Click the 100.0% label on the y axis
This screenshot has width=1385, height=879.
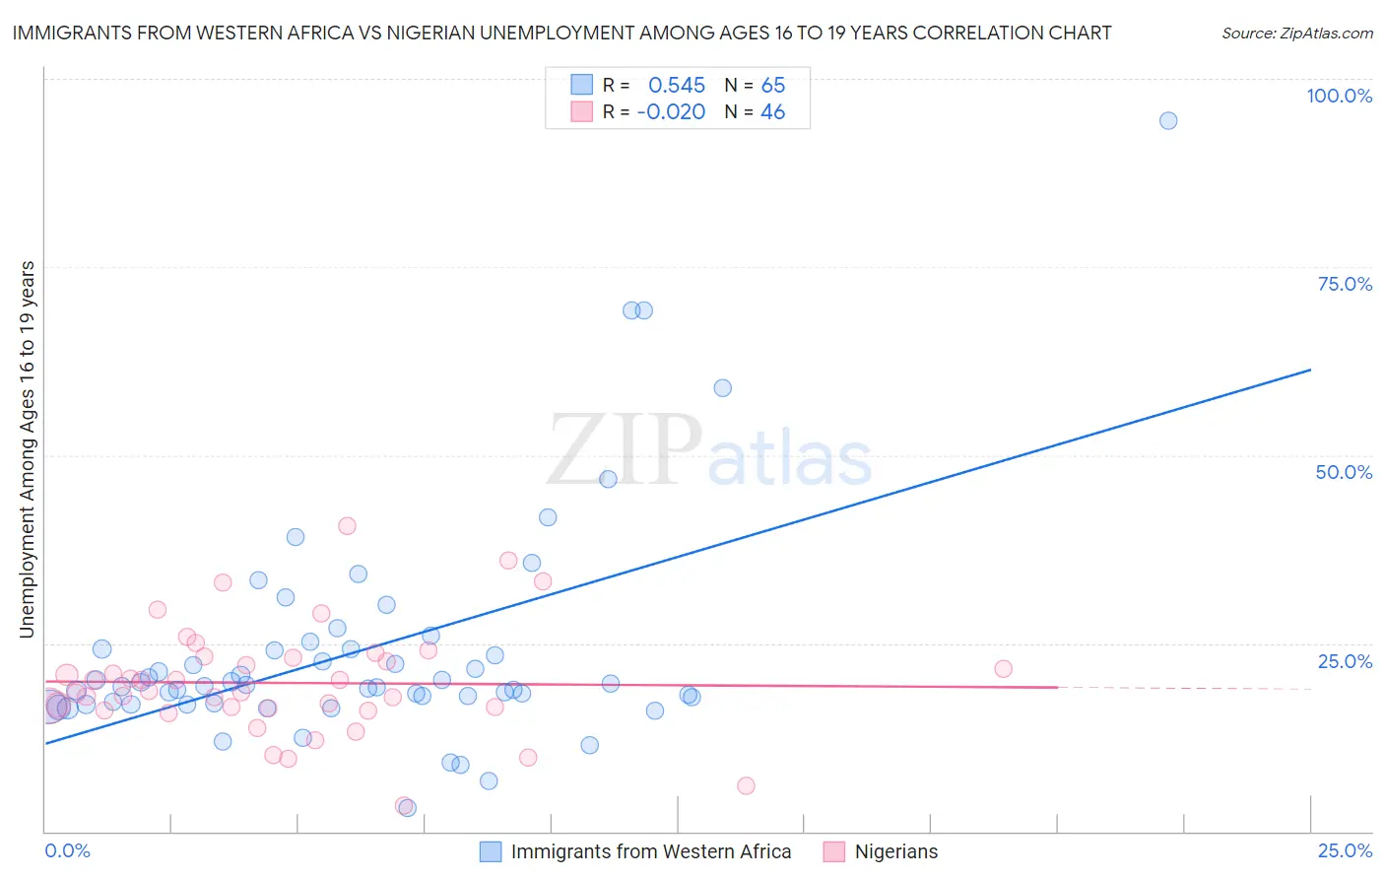(1339, 96)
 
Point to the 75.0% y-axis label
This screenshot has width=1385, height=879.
(1344, 284)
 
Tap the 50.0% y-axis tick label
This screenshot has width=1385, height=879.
(1343, 472)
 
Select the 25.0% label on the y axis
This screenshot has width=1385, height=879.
(1344, 660)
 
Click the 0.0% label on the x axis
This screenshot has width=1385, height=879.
(67, 850)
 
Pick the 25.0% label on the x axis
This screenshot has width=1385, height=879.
(1344, 850)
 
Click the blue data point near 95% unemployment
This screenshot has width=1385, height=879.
(1167, 121)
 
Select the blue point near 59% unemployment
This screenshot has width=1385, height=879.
(722, 388)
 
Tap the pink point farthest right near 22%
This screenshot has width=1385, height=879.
(1003, 669)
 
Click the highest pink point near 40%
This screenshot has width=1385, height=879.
(347, 526)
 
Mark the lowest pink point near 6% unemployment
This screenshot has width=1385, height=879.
(746, 786)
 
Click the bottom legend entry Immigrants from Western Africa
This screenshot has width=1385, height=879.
(650, 851)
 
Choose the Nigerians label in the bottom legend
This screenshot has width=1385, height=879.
(895, 851)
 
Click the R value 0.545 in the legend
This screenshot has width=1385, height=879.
(676, 86)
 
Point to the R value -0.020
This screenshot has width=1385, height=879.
(671, 112)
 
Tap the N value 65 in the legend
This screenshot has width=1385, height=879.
(772, 86)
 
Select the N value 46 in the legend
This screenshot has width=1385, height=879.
(772, 112)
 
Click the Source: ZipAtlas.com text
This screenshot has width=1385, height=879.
(1296, 34)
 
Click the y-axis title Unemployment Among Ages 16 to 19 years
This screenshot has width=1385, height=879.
(28, 449)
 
